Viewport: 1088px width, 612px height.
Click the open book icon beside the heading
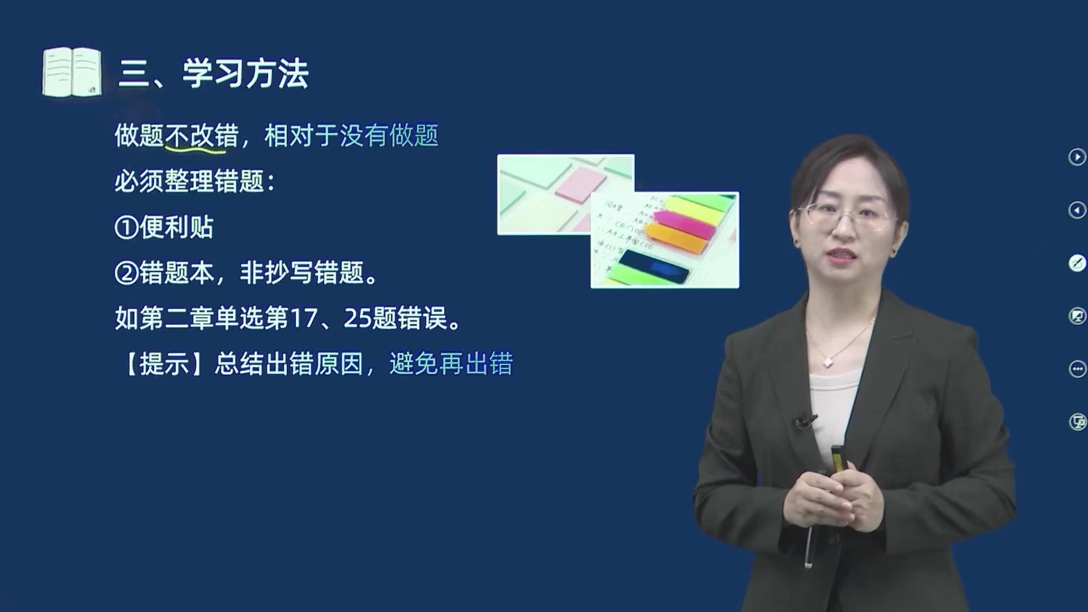[72, 72]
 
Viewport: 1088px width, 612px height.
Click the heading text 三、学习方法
[214, 74]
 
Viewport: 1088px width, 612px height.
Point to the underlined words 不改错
[202, 136]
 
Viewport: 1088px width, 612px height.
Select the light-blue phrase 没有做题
[389, 136]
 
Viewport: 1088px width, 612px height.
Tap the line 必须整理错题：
[195, 182]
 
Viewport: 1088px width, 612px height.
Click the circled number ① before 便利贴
[126, 228]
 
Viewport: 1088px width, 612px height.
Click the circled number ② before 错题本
[126, 274]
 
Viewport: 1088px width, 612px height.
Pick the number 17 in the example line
[304, 319]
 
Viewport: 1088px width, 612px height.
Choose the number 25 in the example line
[358, 319]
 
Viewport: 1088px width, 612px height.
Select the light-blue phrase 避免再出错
[451, 364]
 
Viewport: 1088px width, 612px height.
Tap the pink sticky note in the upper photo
[580, 186]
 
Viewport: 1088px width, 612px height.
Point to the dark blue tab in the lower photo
[654, 266]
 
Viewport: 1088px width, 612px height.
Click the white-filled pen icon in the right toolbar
[1077, 263]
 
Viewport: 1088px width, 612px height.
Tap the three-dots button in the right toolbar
[1077, 369]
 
